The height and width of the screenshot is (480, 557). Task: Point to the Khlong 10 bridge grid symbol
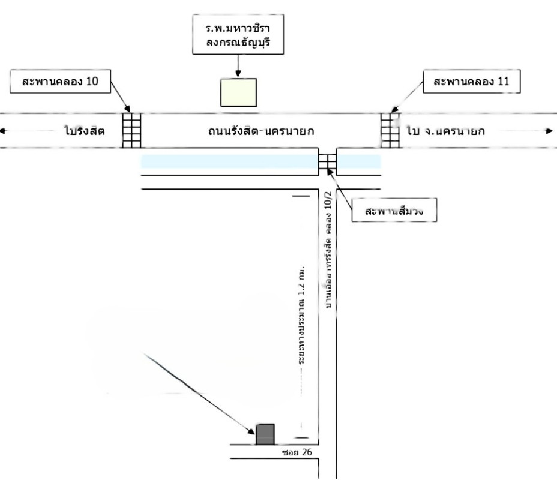point(131,130)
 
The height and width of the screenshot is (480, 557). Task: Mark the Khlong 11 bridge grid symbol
point(390,130)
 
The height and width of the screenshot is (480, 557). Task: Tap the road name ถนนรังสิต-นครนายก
point(259,130)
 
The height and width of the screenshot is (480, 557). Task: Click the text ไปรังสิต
point(83,130)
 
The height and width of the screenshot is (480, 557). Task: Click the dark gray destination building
point(265,434)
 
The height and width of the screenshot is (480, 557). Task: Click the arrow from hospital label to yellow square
point(238,65)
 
